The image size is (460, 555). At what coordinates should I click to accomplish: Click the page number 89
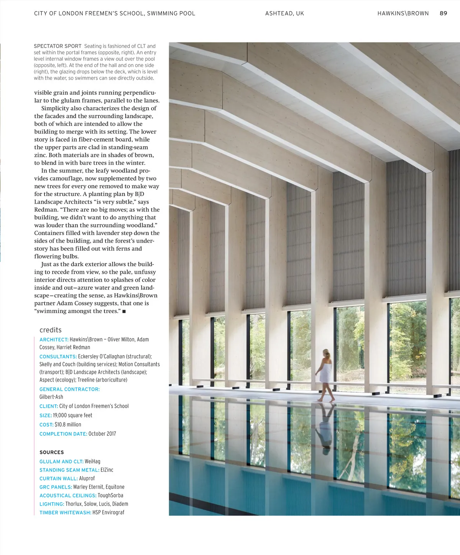(443, 13)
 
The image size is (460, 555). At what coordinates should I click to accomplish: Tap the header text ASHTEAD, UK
(284, 13)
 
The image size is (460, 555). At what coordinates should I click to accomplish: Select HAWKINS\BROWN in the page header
(403, 13)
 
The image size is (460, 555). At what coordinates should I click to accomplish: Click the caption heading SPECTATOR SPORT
(58, 46)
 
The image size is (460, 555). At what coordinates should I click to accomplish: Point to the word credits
(51, 330)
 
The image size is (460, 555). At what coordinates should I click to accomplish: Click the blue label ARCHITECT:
(54, 340)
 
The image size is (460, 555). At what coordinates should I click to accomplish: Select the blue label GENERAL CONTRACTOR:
(69, 389)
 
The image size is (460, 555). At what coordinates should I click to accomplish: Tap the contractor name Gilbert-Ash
(51, 397)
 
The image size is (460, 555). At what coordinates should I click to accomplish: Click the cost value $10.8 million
(68, 424)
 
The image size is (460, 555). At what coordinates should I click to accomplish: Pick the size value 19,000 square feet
(72, 415)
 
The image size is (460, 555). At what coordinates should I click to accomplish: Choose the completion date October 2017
(102, 434)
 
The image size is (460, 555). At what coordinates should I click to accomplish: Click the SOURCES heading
(52, 452)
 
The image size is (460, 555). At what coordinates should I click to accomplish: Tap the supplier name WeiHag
(92, 462)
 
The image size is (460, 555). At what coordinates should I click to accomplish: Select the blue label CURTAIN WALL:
(59, 478)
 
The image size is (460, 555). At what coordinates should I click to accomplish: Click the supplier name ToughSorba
(110, 495)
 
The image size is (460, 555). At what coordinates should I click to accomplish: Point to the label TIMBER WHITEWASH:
(65, 513)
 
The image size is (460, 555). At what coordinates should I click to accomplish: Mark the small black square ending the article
(124, 312)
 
